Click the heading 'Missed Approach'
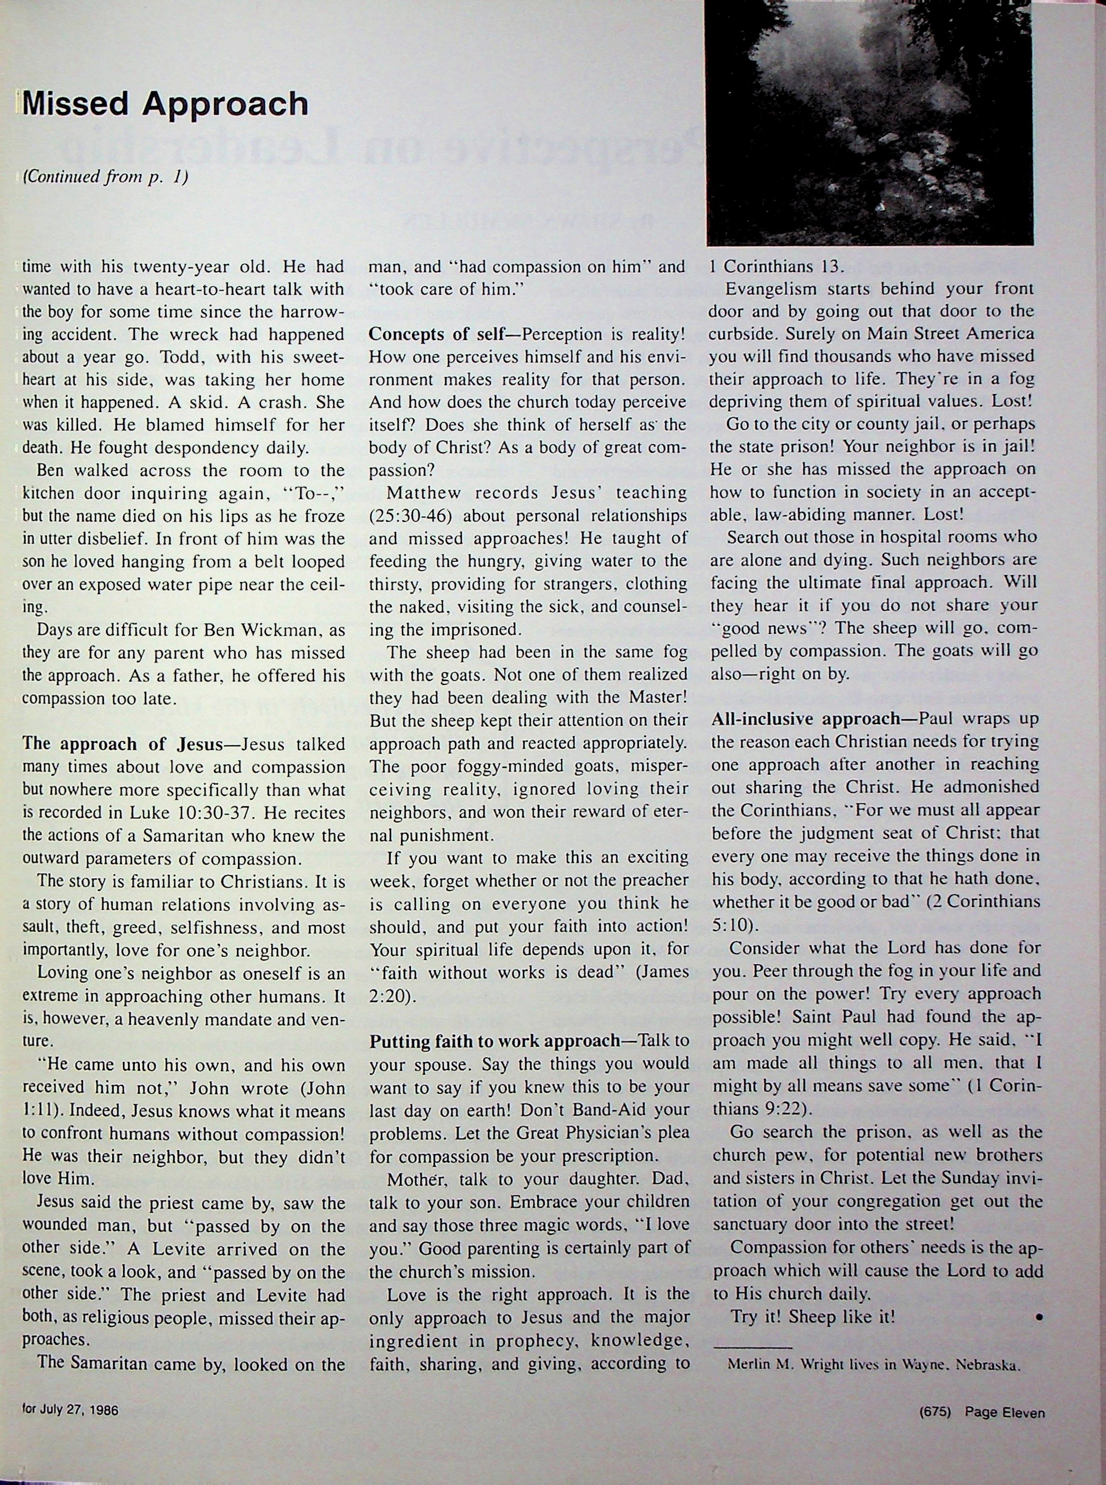tap(165, 104)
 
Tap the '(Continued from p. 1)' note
tap(105, 177)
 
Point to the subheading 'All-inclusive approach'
tap(807, 719)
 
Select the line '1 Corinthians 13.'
tap(777, 266)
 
